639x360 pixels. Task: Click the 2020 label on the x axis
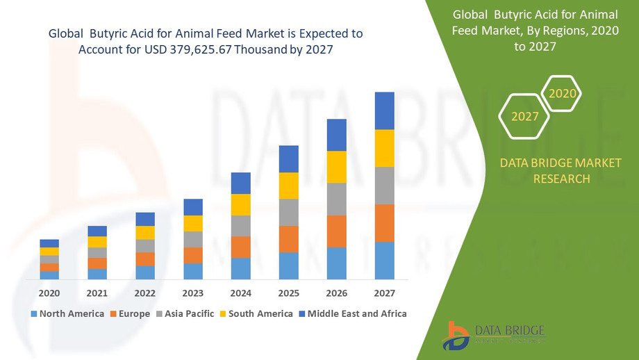point(49,293)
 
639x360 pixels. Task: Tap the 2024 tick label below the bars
point(240,293)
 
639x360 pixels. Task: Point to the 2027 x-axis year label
point(384,293)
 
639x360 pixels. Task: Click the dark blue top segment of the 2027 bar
point(384,111)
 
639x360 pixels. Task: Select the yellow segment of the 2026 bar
point(337,167)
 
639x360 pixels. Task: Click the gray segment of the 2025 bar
point(289,213)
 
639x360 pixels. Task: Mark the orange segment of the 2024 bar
point(241,247)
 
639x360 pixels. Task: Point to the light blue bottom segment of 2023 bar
point(193,272)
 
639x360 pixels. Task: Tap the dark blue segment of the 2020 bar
point(49,243)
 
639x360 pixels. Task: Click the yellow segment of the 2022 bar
point(145,233)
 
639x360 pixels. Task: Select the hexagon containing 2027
point(524,117)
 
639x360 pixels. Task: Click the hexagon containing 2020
point(561,93)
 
